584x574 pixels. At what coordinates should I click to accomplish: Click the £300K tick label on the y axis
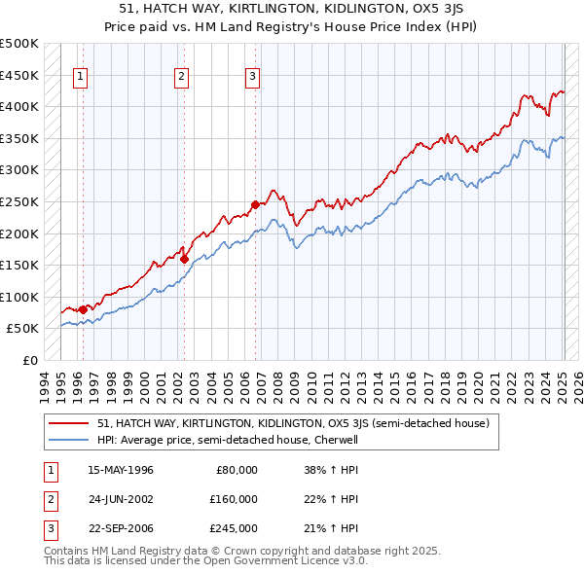[19, 169]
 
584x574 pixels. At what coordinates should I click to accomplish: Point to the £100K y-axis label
[19, 297]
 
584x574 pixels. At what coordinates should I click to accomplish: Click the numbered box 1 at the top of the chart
[80, 77]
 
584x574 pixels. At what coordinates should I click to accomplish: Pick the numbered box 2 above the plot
[181, 77]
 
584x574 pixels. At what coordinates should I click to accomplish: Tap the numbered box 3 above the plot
[252, 77]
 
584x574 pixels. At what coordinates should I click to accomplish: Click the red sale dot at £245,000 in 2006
[255, 204]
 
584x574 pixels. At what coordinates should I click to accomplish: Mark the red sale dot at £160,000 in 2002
[184, 259]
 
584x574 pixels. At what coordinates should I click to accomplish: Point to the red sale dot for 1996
[83, 309]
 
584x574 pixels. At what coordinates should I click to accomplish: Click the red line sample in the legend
[68, 423]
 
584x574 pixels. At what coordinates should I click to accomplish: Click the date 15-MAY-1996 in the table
[121, 470]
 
